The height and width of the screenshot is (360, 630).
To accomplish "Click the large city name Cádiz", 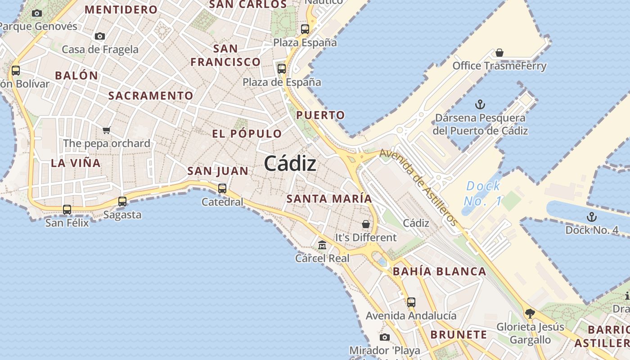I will (290, 163).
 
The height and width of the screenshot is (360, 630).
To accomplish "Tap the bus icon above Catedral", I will (222, 189).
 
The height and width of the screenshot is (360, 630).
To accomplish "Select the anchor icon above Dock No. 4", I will (591, 217).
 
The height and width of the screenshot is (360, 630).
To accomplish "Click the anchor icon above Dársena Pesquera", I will (480, 105).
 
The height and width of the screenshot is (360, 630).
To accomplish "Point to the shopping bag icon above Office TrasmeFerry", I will (499, 53).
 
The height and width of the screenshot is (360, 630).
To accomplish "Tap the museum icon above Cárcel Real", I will (322, 245).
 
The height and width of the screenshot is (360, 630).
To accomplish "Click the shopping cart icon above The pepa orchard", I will (106, 130).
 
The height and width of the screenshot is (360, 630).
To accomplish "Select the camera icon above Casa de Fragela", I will (100, 36).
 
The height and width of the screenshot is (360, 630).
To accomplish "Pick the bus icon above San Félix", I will (67, 209).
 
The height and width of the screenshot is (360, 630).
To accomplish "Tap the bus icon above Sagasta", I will (122, 202).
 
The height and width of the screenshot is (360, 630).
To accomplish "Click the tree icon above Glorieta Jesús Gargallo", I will (530, 313).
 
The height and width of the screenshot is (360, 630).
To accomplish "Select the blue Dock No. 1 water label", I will (483, 193).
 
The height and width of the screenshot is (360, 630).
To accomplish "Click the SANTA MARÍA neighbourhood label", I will (329, 198).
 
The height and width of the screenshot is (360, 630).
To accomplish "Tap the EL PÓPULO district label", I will (247, 134).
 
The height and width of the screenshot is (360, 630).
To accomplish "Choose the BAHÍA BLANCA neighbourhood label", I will (439, 271).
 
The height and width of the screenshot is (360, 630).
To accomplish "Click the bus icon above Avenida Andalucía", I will (411, 302).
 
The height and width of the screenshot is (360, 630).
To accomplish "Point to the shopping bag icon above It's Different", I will (366, 224).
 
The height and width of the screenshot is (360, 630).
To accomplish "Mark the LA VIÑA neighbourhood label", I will (76, 163).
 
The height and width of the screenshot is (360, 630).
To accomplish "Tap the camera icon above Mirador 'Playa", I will (384, 337).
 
